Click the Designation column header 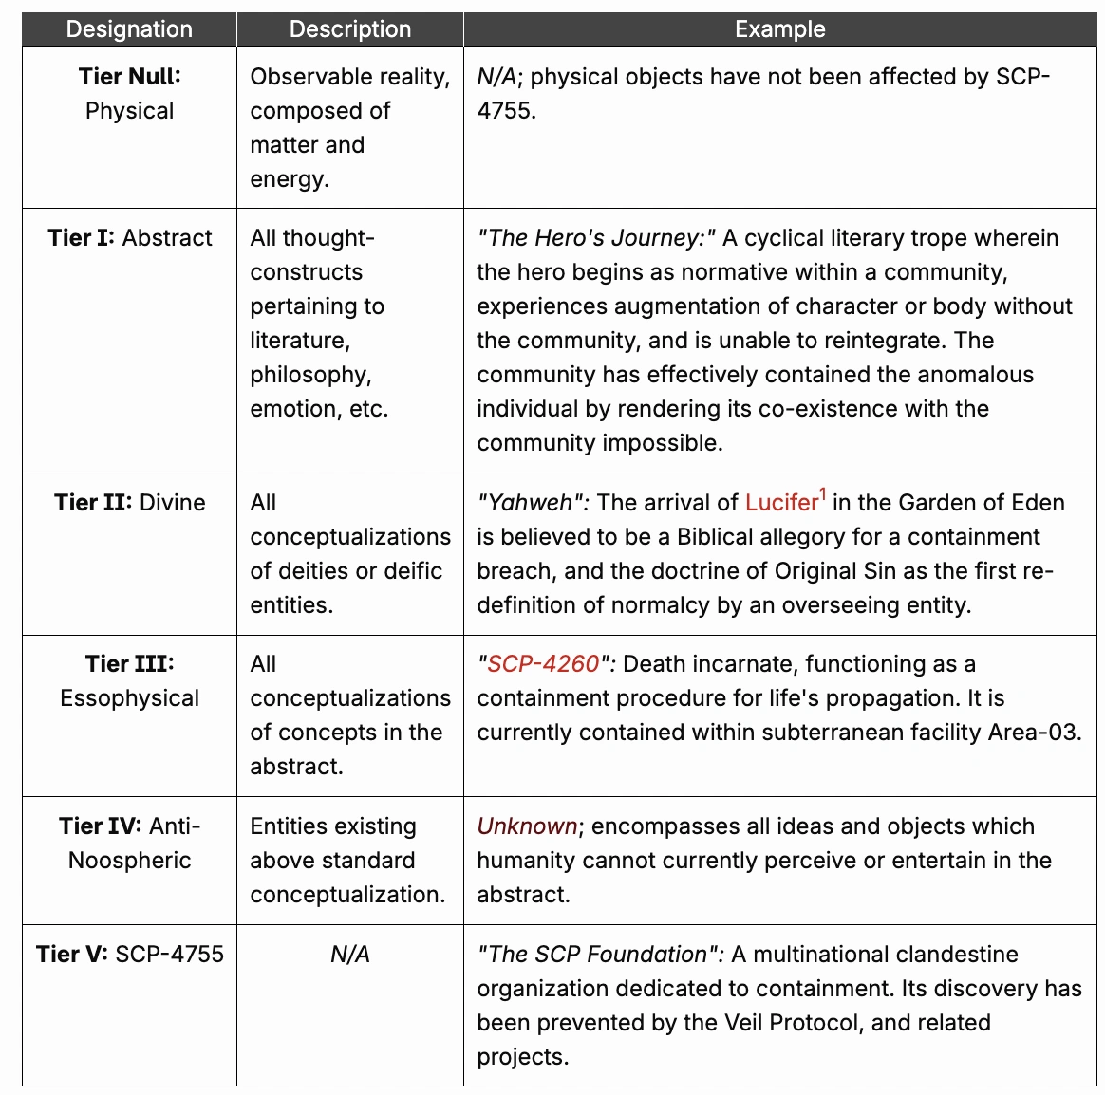(x=129, y=29)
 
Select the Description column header (x=350, y=29)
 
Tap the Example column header (x=779, y=29)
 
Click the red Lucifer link (x=781, y=503)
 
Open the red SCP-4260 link (x=543, y=664)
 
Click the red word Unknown (x=527, y=826)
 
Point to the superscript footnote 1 (x=823, y=494)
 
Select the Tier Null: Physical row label (x=130, y=94)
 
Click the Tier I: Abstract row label (x=130, y=238)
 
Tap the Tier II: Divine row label (x=130, y=503)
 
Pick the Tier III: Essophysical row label (x=130, y=681)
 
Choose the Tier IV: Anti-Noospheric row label (x=130, y=844)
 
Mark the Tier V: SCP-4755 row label (x=130, y=955)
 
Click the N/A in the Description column (x=350, y=955)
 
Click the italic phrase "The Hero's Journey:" (x=596, y=238)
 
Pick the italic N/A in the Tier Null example (x=498, y=77)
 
